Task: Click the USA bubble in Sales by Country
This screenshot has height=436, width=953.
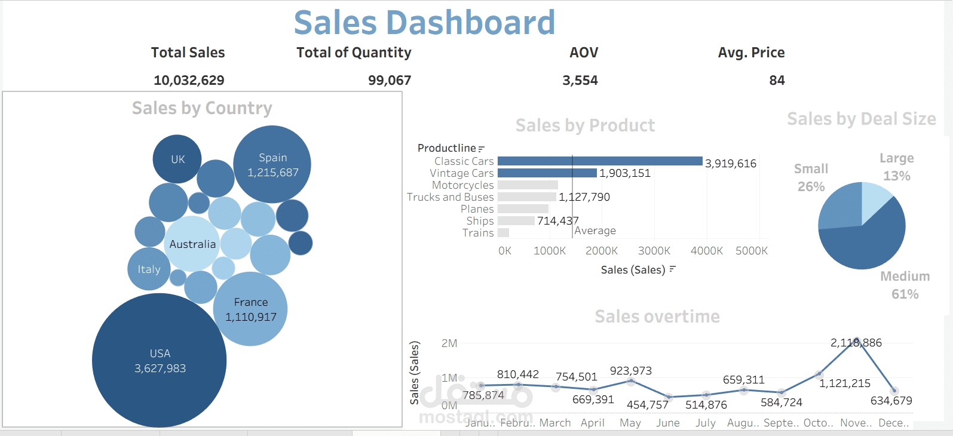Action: pos(160,361)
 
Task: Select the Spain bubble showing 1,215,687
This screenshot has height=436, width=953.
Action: pos(272,164)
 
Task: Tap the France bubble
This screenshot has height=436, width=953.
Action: pos(250,309)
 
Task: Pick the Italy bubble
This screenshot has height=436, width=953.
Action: pos(149,269)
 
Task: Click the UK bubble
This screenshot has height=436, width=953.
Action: pos(177,159)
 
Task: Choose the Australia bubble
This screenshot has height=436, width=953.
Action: pos(192,244)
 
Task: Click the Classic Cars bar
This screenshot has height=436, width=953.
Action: pos(599,161)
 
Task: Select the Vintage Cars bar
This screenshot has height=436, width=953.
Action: pos(547,173)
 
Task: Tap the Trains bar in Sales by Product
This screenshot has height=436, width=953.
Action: pos(503,233)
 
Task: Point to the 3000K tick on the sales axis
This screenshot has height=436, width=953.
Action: pos(654,251)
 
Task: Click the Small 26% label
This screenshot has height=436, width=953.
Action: pos(811,177)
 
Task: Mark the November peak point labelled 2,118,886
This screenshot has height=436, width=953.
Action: pos(857,340)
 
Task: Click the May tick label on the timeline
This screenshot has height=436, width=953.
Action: pos(630,423)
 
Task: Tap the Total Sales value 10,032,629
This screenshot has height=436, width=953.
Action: pos(189,80)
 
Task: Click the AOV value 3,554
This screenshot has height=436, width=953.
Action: pos(580,80)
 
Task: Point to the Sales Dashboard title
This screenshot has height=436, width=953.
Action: pos(424,23)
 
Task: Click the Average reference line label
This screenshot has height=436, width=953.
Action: pos(595,231)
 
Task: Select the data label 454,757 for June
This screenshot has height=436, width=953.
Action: pos(647,405)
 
